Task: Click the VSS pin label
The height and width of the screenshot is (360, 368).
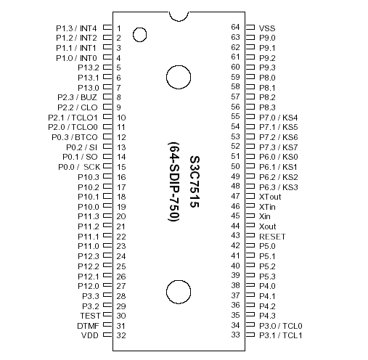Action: point(266,27)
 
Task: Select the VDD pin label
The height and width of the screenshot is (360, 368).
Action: point(89,335)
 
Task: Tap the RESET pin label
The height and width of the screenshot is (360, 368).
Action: point(272,236)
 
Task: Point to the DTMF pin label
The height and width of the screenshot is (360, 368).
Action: point(87,325)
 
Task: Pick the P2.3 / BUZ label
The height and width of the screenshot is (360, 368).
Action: point(77,97)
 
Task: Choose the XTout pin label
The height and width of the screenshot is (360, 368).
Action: point(269,196)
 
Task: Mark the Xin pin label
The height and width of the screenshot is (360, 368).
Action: point(265,216)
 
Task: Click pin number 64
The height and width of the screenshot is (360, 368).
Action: point(235,27)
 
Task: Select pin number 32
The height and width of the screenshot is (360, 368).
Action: point(121,335)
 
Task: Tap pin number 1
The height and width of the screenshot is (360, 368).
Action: point(118,28)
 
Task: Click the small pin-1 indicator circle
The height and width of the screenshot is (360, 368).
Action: point(137,33)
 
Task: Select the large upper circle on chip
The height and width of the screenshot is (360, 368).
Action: point(178,76)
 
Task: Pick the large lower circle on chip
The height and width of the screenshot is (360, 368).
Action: point(178,290)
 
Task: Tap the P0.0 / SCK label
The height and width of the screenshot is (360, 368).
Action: point(78,166)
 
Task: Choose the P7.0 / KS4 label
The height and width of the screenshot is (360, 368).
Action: point(277,116)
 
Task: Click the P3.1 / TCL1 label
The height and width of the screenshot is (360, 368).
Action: point(280,335)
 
